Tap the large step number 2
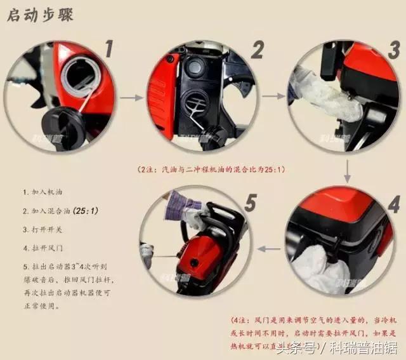(258, 48)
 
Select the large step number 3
(393, 49)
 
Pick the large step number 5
(250, 203)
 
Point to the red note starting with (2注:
(210, 170)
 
